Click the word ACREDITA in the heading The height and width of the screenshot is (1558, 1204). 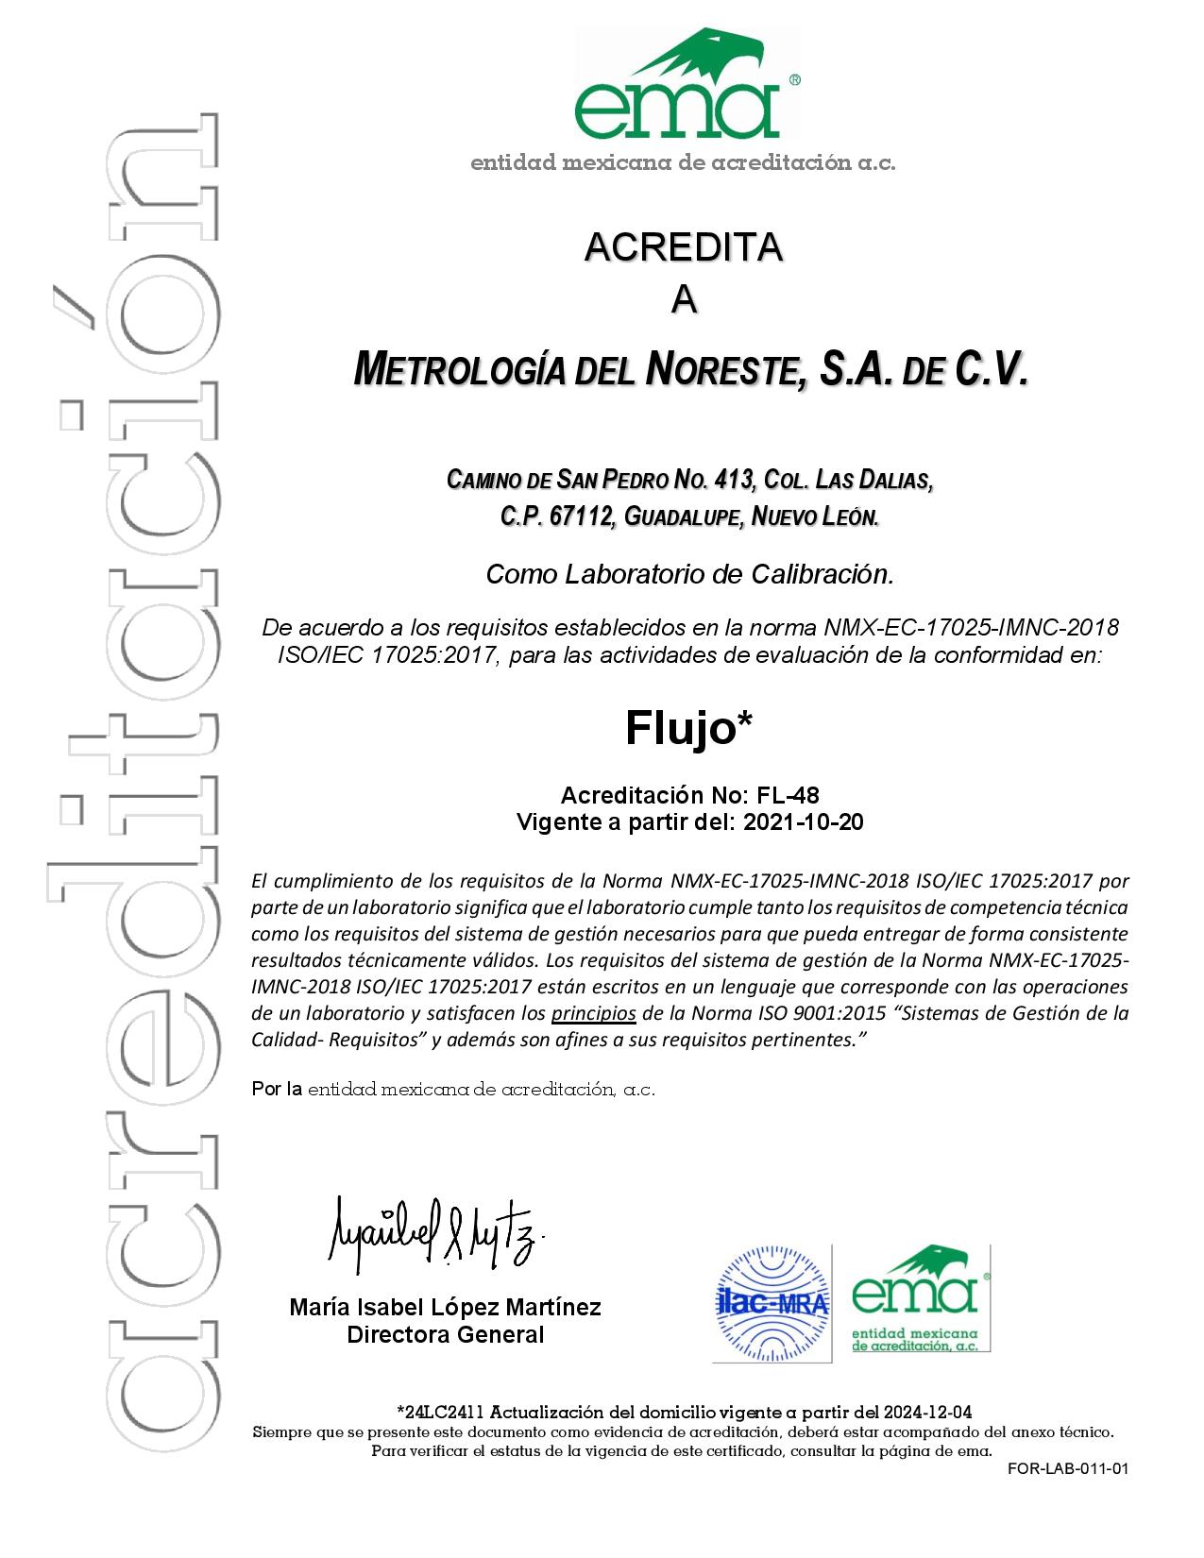(684, 247)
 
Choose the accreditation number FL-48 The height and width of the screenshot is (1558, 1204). (775, 796)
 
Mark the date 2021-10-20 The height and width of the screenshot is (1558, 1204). (804, 822)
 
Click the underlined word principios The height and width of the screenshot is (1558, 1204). (594, 1014)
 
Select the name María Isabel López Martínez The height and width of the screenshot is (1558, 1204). (445, 1308)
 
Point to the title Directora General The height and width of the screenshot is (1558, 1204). (445, 1334)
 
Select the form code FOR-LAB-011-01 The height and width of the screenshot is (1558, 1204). (1068, 1468)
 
